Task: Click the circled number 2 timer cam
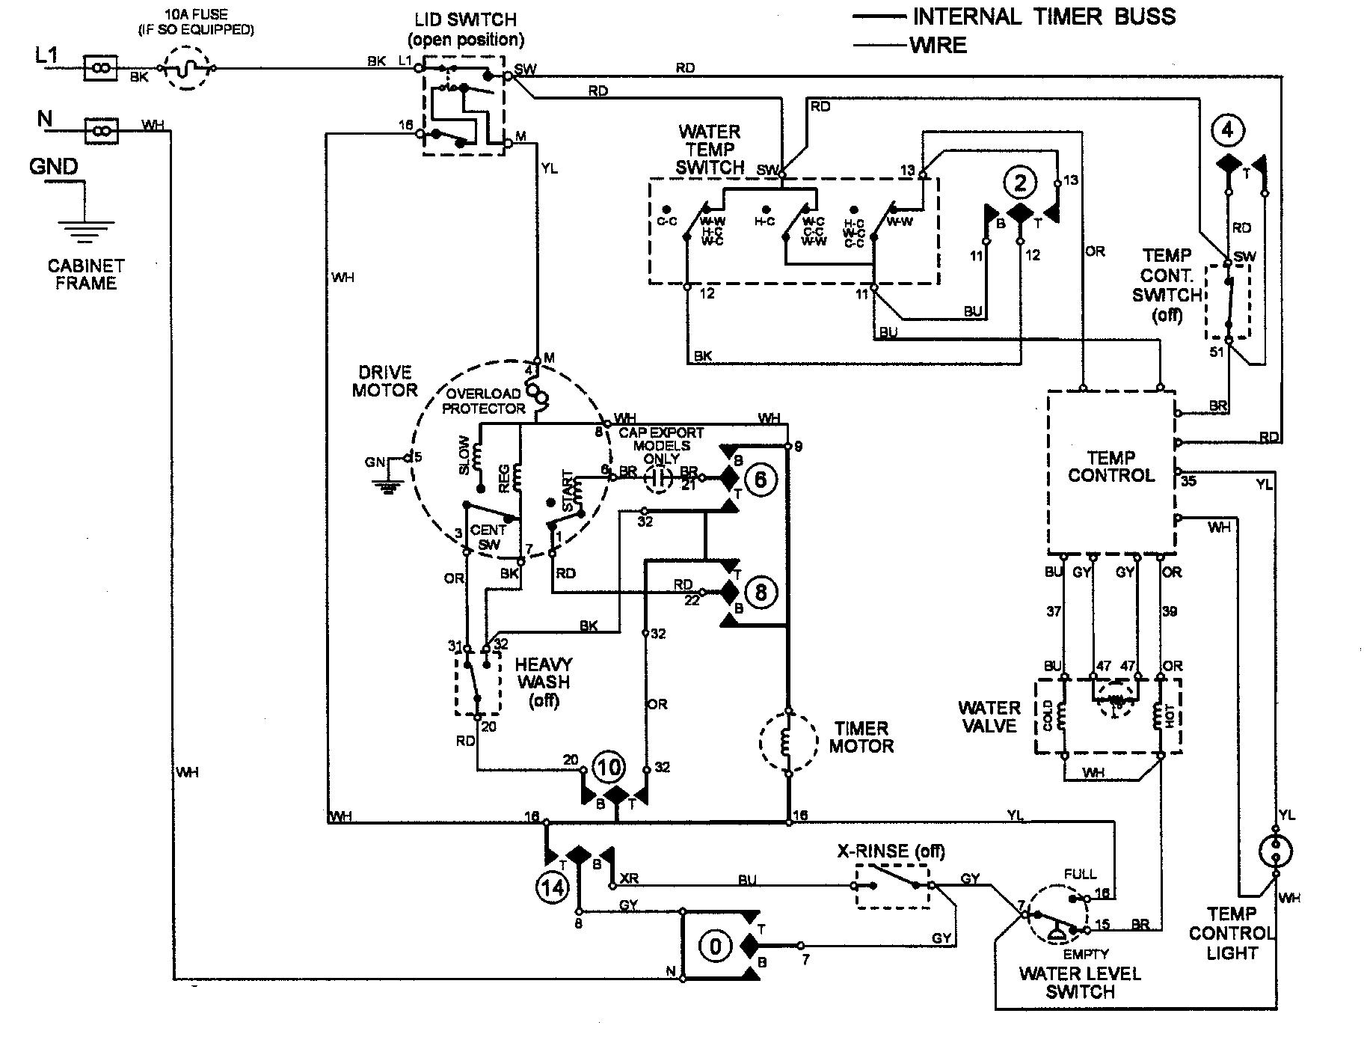point(1021,181)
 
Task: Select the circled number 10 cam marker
point(608,767)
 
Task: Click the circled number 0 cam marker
point(716,947)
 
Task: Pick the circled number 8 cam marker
point(761,593)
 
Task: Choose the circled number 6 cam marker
point(761,479)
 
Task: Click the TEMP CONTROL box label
point(1111,466)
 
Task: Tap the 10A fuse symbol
point(188,68)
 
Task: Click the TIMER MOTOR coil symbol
point(787,742)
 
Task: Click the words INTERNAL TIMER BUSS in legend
point(1044,16)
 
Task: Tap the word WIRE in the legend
point(938,46)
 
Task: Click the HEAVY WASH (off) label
point(544,682)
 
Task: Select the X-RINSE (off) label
point(890,851)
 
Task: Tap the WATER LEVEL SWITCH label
point(1080,982)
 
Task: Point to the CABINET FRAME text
point(86,274)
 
